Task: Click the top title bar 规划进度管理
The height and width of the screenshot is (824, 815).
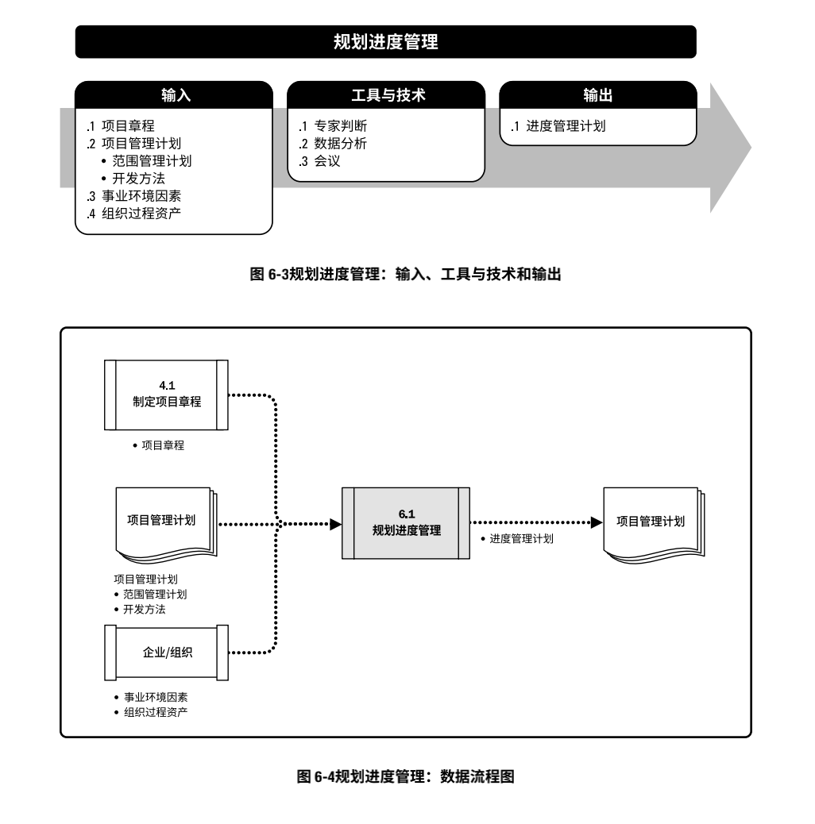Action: tap(385, 42)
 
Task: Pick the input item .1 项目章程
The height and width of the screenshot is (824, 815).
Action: tap(121, 125)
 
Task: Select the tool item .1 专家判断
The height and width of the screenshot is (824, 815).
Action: tap(333, 126)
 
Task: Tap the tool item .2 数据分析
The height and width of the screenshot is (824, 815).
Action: tap(333, 144)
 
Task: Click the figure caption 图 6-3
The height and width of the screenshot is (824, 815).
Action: tap(406, 275)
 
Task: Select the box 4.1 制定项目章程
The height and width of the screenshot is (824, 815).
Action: tap(166, 394)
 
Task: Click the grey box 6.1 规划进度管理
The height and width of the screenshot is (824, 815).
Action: tap(406, 523)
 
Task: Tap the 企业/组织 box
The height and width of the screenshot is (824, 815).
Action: tap(166, 652)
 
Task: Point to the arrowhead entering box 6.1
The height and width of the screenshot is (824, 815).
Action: tap(335, 524)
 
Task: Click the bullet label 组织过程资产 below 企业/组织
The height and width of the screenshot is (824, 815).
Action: tap(156, 712)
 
